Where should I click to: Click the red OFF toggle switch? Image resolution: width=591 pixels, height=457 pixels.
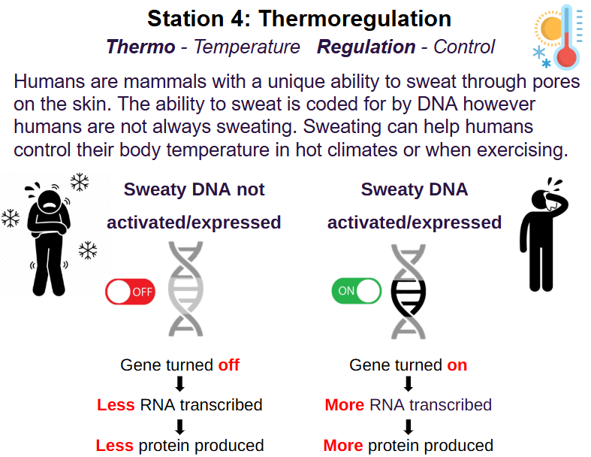[x=130, y=292]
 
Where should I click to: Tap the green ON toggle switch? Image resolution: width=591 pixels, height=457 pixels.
[x=356, y=291]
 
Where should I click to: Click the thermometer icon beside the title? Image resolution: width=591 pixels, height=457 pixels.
[x=566, y=37]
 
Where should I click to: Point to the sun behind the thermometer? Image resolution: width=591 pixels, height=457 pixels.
[x=549, y=29]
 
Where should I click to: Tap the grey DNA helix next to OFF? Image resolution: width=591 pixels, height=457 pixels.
[x=185, y=289]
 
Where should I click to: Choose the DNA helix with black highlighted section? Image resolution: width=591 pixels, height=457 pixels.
[x=409, y=292]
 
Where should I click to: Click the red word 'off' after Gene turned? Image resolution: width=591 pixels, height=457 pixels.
[x=229, y=365]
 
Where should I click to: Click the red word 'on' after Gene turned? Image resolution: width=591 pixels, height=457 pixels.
[x=457, y=365]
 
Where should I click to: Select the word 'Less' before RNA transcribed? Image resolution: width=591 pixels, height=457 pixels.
[x=116, y=405]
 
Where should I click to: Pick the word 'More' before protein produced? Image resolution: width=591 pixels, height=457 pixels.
[x=343, y=445]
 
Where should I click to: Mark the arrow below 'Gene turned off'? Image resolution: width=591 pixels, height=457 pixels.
[x=179, y=383]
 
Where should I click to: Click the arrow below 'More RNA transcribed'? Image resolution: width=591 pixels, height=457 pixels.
[x=409, y=427]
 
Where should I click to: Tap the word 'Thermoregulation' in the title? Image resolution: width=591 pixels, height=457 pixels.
[x=354, y=19]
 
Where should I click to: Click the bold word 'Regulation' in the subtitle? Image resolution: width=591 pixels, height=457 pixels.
[x=366, y=47]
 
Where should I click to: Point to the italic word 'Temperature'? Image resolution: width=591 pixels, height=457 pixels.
[x=247, y=47]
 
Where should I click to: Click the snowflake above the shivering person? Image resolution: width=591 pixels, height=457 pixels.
[x=80, y=182]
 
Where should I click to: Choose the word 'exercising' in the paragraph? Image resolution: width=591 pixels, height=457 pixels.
[x=523, y=150]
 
